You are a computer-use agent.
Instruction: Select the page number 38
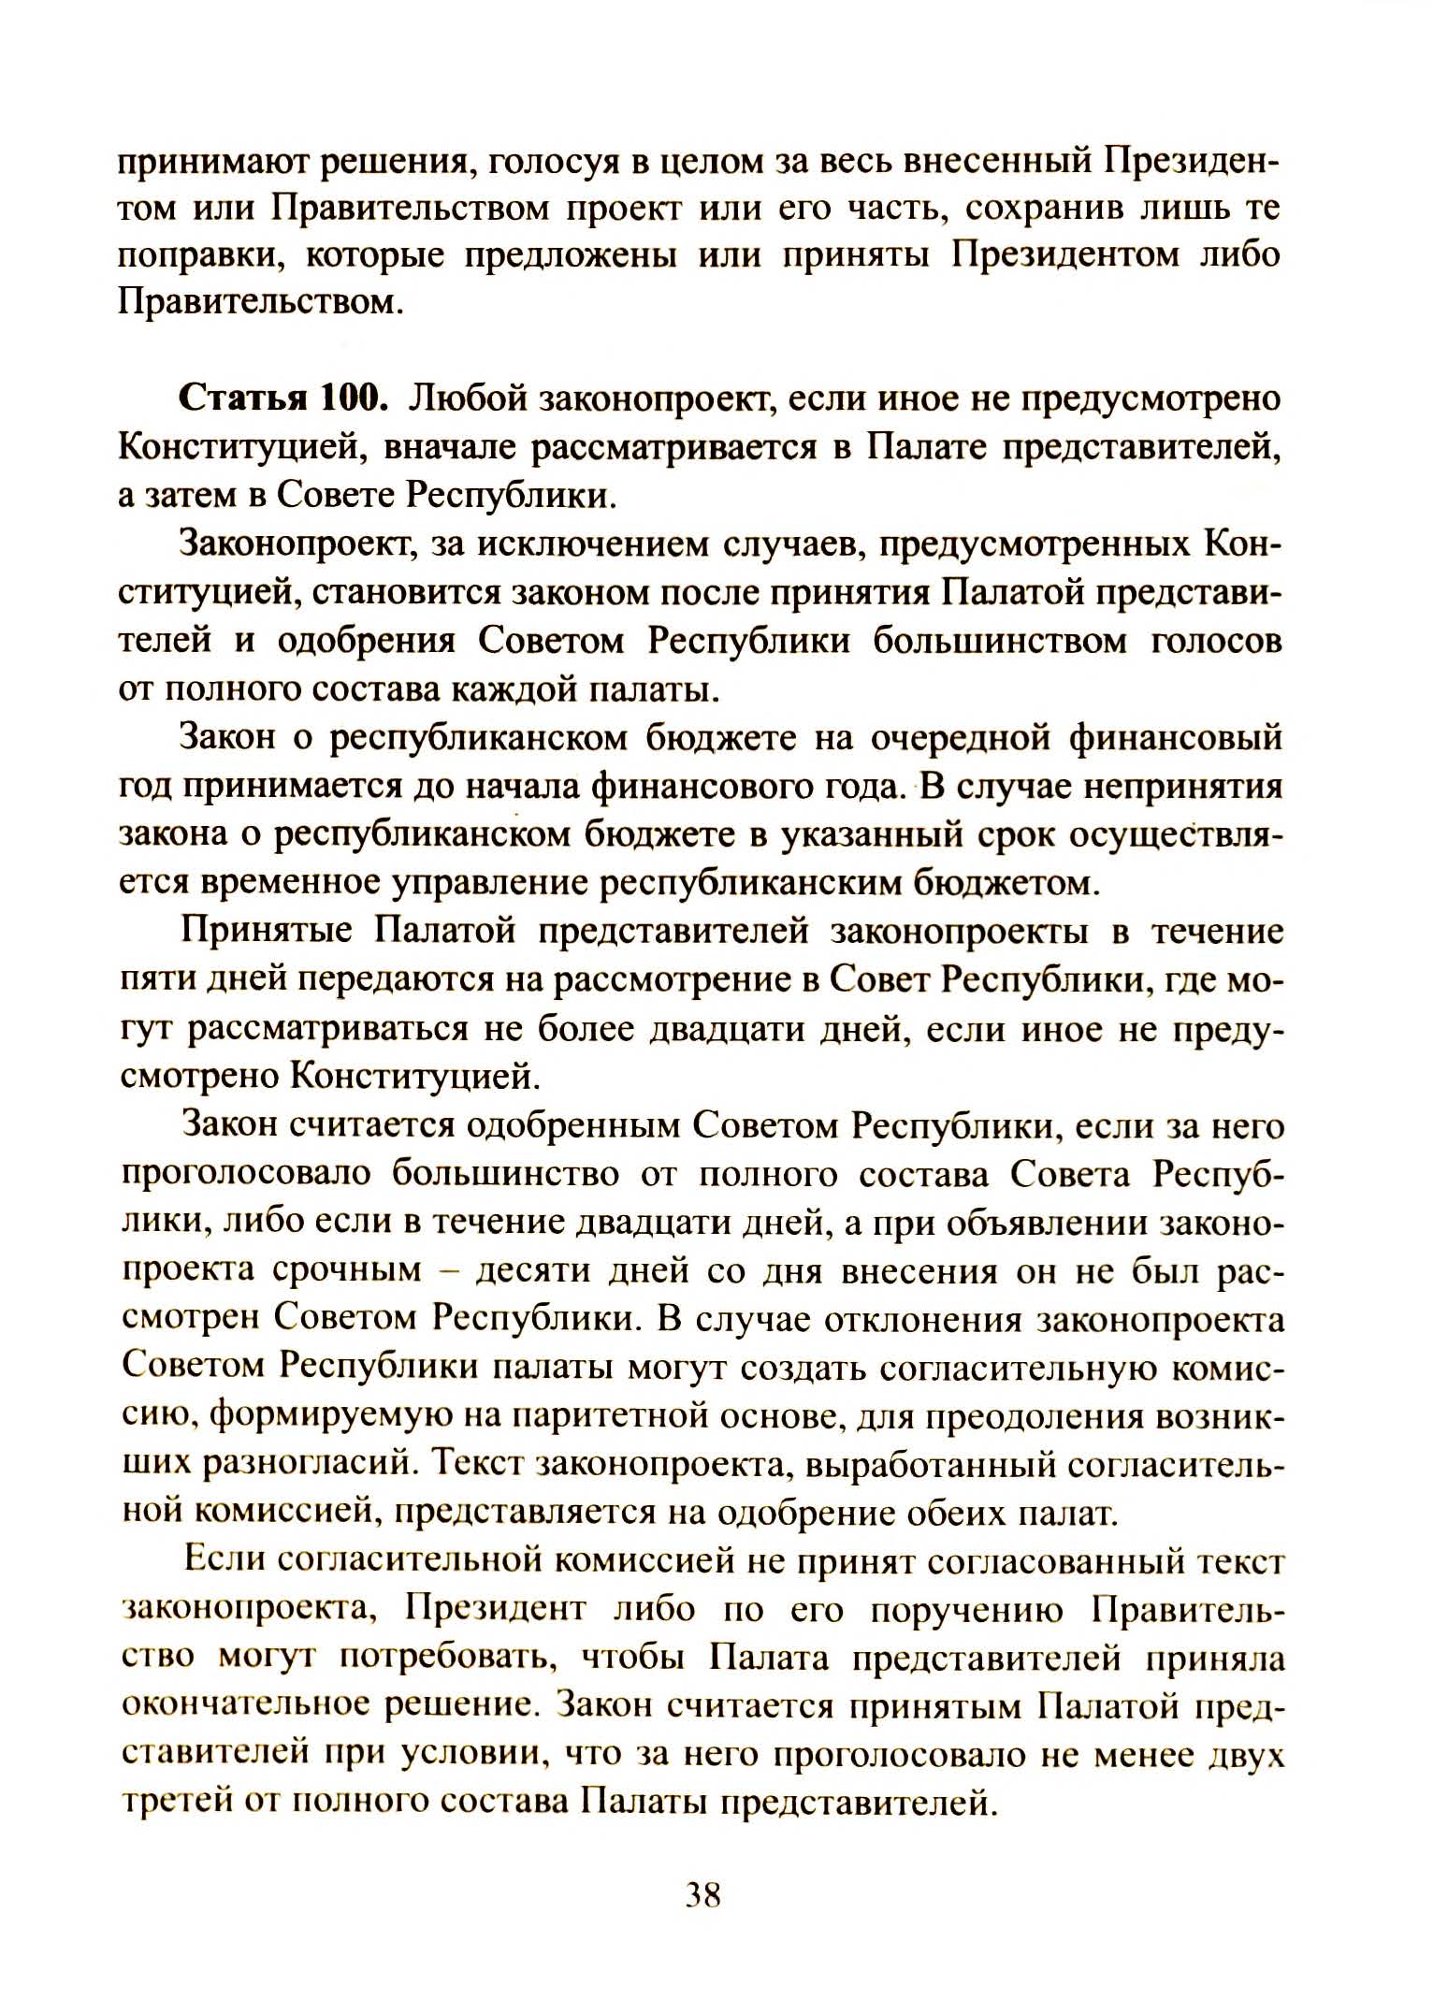[702, 1893]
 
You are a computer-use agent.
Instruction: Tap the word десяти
[531, 1271]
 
